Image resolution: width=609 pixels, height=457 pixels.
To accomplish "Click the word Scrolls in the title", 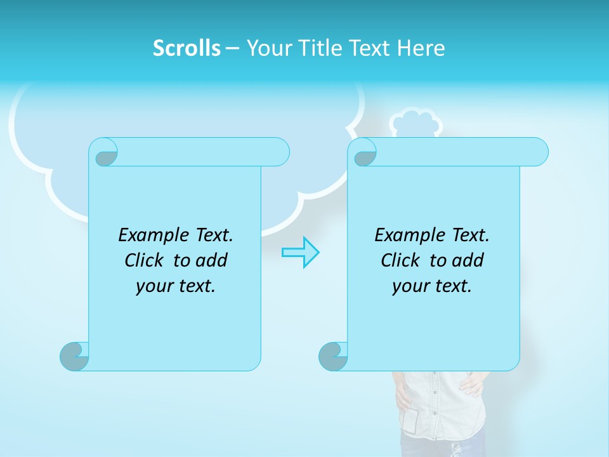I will [x=187, y=48].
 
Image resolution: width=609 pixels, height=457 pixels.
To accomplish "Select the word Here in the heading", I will [x=421, y=48].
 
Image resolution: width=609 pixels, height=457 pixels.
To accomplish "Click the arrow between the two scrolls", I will [x=300, y=252].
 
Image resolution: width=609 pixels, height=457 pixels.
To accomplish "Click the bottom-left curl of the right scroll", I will [x=332, y=356].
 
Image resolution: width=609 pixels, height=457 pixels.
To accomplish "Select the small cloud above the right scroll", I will [x=413, y=123].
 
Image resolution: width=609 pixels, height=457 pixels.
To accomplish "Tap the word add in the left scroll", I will [x=211, y=260].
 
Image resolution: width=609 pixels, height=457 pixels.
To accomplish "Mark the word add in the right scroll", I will [x=468, y=260].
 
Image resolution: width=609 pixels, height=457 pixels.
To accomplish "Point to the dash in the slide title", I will [x=232, y=48].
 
